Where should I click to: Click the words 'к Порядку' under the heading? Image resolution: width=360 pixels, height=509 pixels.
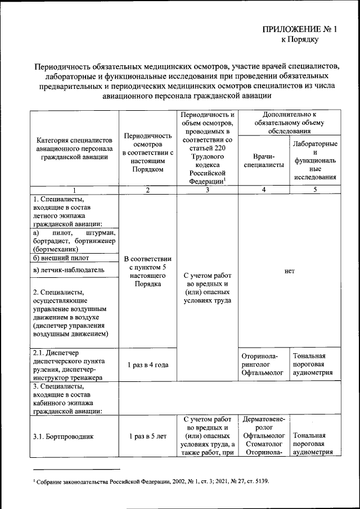(300, 40)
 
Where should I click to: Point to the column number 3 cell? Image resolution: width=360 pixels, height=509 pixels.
(207, 190)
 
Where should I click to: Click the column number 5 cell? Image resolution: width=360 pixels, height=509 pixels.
(315, 190)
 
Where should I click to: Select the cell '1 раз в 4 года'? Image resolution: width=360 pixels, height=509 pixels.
(147, 365)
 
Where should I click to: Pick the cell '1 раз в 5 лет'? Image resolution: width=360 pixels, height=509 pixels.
(147, 436)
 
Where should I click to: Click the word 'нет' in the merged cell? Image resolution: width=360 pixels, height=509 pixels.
(290, 271)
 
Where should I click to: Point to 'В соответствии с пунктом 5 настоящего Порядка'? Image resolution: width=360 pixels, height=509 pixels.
(147, 271)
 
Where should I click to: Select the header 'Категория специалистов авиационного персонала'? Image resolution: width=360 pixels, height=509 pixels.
(75, 148)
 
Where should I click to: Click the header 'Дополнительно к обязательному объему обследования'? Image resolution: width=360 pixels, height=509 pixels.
(290, 122)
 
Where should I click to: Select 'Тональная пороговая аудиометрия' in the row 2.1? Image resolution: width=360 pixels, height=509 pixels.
(315, 365)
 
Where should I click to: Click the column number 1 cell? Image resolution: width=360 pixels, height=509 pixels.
(75, 190)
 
